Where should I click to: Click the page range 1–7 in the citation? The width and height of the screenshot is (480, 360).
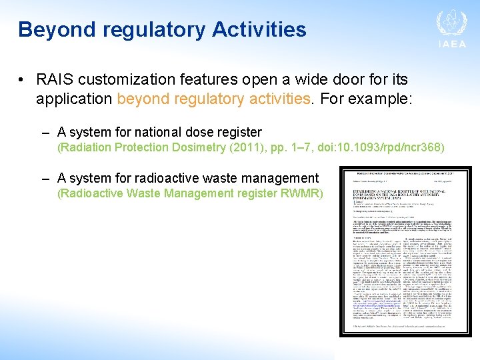tap(298, 147)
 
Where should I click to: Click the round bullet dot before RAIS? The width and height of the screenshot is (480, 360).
tap(22, 81)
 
